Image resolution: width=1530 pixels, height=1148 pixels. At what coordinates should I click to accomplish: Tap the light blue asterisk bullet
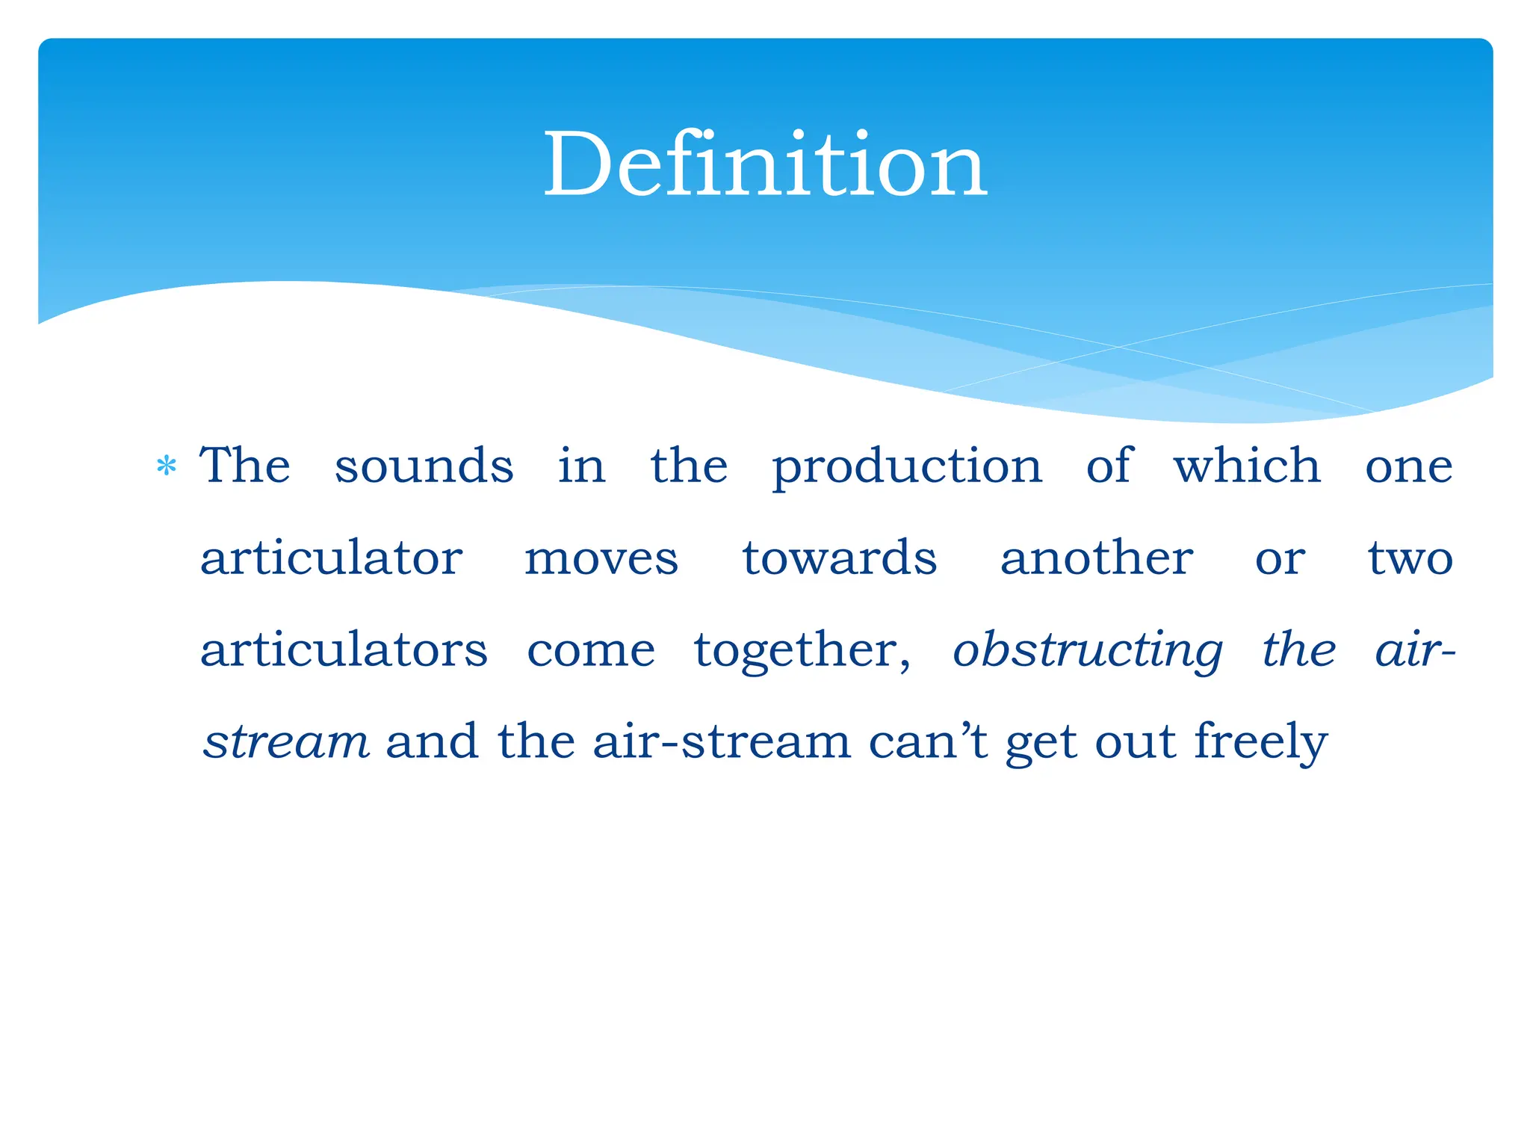167,467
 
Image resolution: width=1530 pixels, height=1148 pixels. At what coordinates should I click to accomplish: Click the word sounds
424,466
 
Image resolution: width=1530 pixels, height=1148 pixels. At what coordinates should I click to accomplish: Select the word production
906,467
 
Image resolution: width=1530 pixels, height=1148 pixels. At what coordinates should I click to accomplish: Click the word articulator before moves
332,558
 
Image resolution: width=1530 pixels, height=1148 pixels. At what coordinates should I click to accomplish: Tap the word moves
601,560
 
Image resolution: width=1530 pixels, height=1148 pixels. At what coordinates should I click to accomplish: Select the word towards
839,558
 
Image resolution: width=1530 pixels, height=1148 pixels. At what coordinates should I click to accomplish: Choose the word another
1097,558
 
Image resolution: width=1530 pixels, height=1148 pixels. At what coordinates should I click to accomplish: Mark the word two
1410,559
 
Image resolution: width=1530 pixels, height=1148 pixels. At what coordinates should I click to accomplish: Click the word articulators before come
344,649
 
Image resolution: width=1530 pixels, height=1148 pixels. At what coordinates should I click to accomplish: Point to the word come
591,651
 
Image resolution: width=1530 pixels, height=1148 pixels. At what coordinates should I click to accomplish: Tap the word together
802,651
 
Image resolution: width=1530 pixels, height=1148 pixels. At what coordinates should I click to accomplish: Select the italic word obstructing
1088,651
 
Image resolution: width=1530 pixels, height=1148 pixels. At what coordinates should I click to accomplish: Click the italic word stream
286,741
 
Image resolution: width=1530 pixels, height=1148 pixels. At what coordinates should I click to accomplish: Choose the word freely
1260,742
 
